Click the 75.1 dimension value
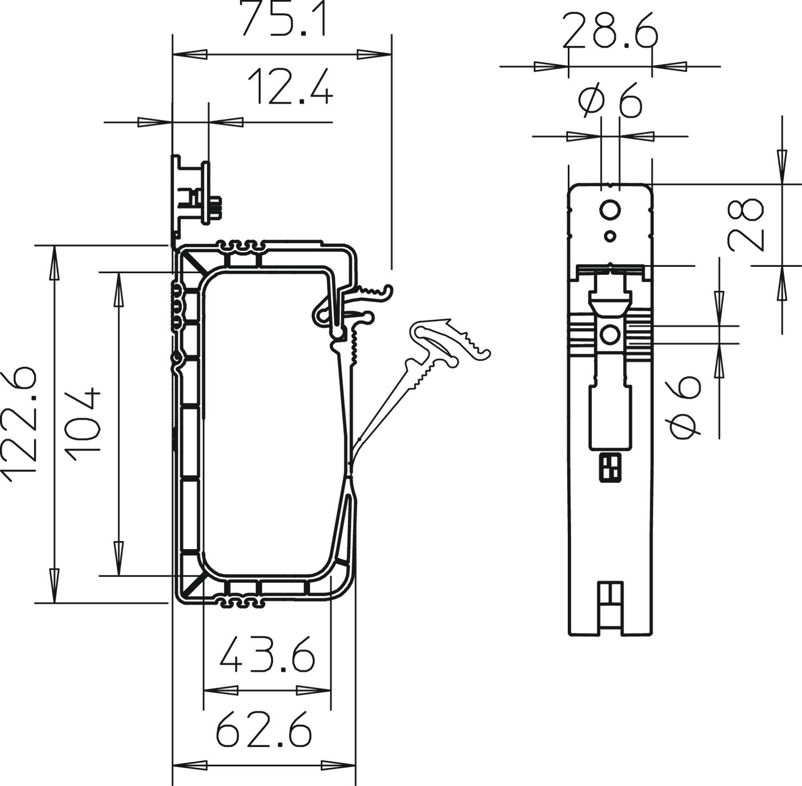(283, 19)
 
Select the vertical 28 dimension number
(745, 225)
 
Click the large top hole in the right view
(610, 211)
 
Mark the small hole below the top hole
(610, 236)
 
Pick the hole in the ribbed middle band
(610, 335)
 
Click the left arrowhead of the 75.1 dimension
(189, 55)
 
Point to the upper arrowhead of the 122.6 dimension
(53, 263)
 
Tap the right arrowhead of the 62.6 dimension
(338, 765)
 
